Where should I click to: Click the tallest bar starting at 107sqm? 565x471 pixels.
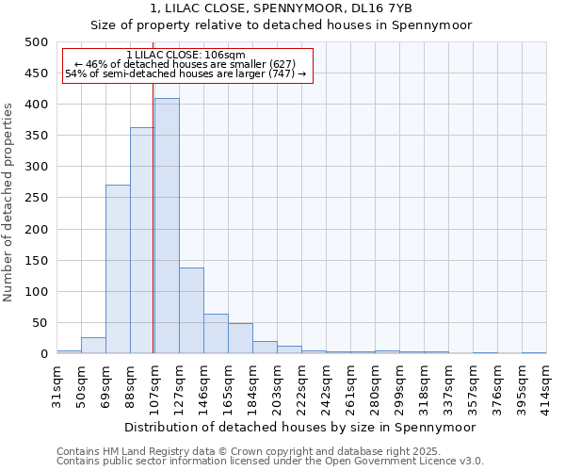click(167, 226)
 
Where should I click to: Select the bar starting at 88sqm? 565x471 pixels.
click(142, 240)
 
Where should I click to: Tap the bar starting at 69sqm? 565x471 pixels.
click(118, 269)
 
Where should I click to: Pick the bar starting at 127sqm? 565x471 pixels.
click(191, 311)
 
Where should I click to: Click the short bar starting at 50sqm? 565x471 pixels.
click(93, 346)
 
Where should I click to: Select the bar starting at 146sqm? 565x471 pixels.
click(216, 334)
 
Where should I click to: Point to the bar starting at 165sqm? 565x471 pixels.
click(240, 339)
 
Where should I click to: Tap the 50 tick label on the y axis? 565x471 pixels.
click(40, 323)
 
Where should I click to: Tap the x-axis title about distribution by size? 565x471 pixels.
click(299, 427)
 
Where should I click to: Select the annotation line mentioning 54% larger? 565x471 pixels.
click(186, 73)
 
